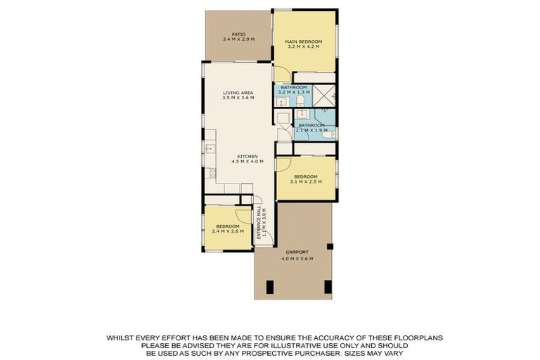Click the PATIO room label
tap(238, 34)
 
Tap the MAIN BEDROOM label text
tap(304, 41)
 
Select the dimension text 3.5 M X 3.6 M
tap(238, 98)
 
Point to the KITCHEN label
tap(247, 156)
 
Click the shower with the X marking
tap(324, 96)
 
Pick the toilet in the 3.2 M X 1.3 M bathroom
tap(300, 101)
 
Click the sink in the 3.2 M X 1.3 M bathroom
tap(283, 101)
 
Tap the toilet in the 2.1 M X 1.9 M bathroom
tap(329, 135)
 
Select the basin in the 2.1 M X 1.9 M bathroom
tap(303, 114)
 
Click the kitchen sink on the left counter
tap(210, 149)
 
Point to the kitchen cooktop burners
tap(210, 173)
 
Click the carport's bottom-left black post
tap(270, 288)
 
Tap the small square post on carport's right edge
tap(330, 246)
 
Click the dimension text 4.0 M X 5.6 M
tap(297, 259)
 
